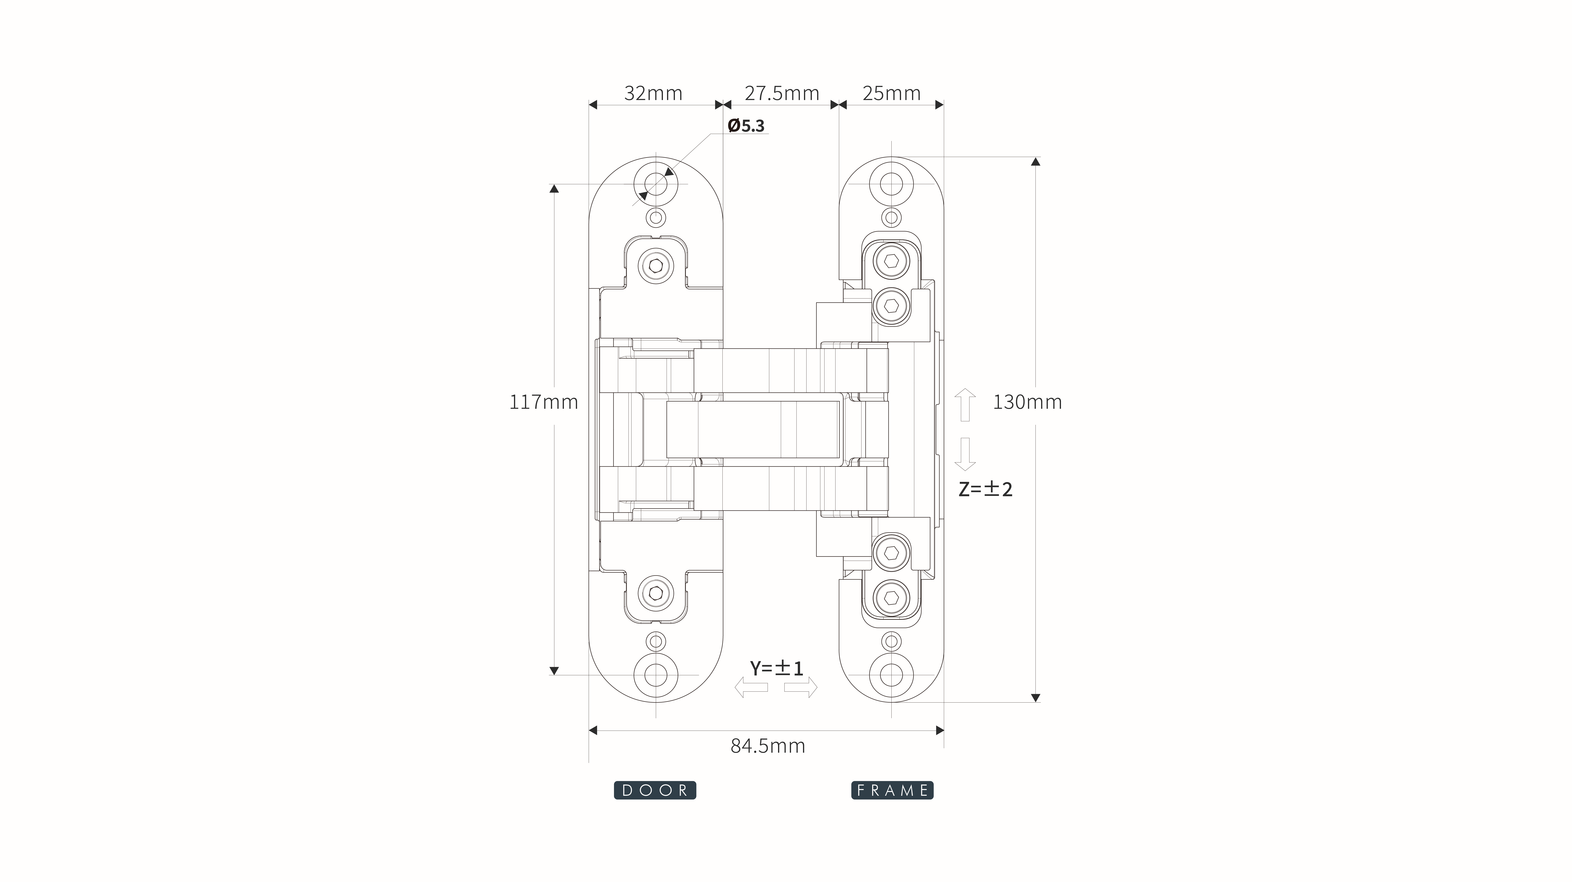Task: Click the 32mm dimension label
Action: pos(653,93)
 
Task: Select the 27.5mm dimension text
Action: pos(782,93)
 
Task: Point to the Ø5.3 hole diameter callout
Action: pos(746,126)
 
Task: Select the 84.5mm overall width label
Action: pos(768,746)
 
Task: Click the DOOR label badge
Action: pos(655,790)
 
